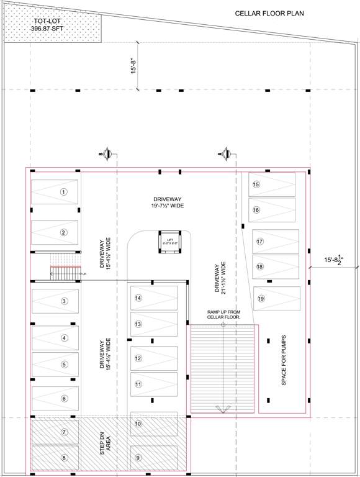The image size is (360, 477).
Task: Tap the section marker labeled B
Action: coord(106,153)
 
